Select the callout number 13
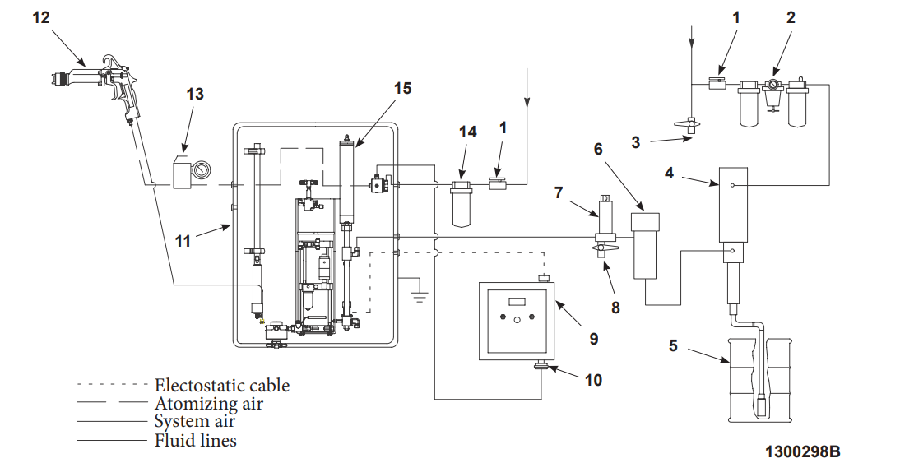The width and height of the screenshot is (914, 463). tap(194, 94)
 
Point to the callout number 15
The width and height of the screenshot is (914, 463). tap(402, 87)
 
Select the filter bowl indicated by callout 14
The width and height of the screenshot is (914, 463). tap(465, 201)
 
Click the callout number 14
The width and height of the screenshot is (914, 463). tap(467, 131)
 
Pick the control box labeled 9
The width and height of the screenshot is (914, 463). tap(517, 322)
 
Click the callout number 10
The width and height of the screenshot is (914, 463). tap(593, 379)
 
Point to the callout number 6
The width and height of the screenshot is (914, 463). tap(598, 148)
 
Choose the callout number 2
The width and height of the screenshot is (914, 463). tap(791, 16)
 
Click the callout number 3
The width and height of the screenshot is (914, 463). tap(635, 142)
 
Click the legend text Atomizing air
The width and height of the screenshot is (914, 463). tap(209, 403)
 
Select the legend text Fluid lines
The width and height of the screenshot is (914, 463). tap(196, 441)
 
